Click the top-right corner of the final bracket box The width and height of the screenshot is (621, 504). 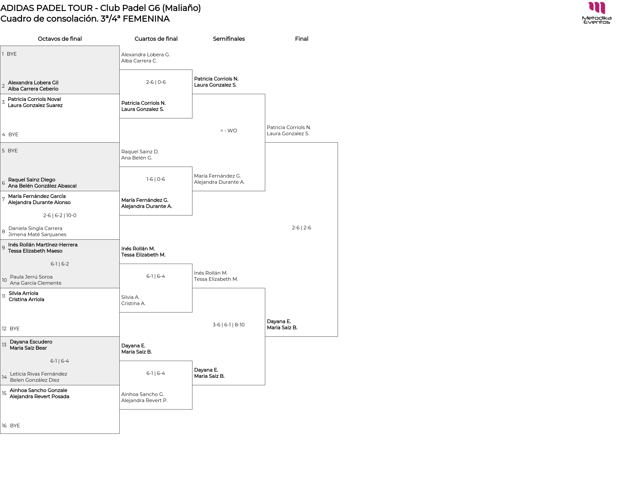click(x=338, y=143)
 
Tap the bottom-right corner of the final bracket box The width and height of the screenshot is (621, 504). click(x=338, y=336)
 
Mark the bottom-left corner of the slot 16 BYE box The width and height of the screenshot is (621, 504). click(x=0, y=433)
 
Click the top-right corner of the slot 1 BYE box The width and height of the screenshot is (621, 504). click(x=119, y=46)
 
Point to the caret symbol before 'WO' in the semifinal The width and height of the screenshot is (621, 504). click(x=222, y=131)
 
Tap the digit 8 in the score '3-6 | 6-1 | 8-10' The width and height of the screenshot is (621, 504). click(x=236, y=325)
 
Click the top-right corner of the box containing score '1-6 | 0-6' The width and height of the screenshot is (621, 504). click(x=192, y=167)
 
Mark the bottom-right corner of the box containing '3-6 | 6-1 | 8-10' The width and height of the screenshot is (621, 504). click(x=265, y=385)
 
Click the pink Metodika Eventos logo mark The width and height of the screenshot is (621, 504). click(x=597, y=8)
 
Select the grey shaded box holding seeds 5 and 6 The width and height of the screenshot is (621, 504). click(x=60, y=167)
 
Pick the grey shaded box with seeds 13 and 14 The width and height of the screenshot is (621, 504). click(x=60, y=361)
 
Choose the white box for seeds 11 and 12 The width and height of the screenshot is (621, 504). click(x=60, y=312)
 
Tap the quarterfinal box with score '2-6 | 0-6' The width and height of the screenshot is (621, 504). click(x=156, y=94)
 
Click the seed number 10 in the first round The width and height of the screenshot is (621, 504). click(x=4, y=280)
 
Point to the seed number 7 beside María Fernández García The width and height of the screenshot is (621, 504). click(x=3, y=199)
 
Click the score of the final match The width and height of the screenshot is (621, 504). click(x=301, y=228)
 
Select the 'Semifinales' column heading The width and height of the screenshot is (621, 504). click(x=229, y=39)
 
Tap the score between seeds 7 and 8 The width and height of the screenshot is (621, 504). click(x=60, y=215)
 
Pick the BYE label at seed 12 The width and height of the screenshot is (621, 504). click(x=15, y=329)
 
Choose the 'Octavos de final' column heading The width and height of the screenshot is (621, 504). click(x=60, y=39)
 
